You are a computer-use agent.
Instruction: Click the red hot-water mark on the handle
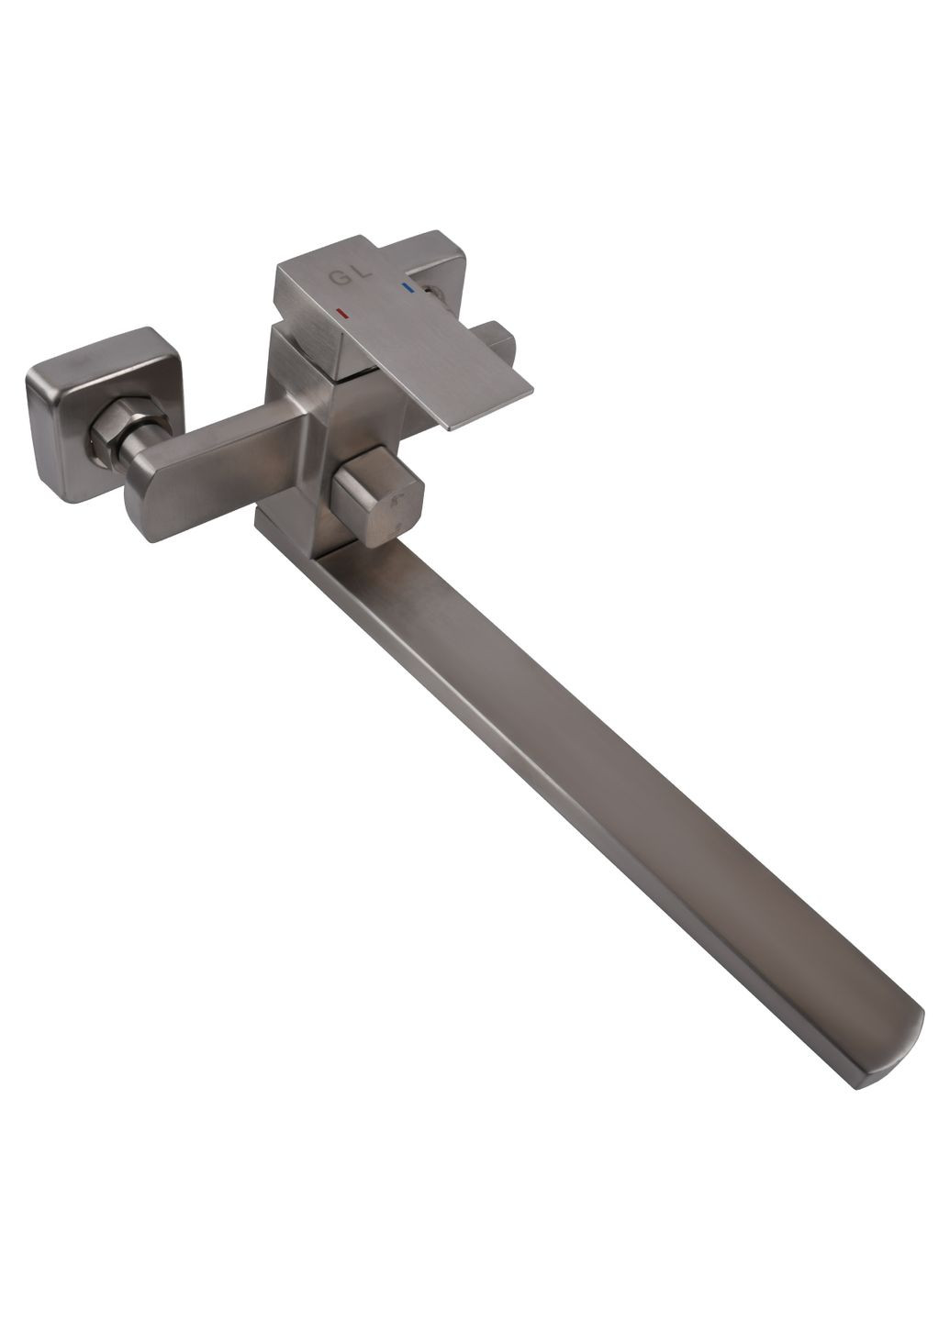341,314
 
